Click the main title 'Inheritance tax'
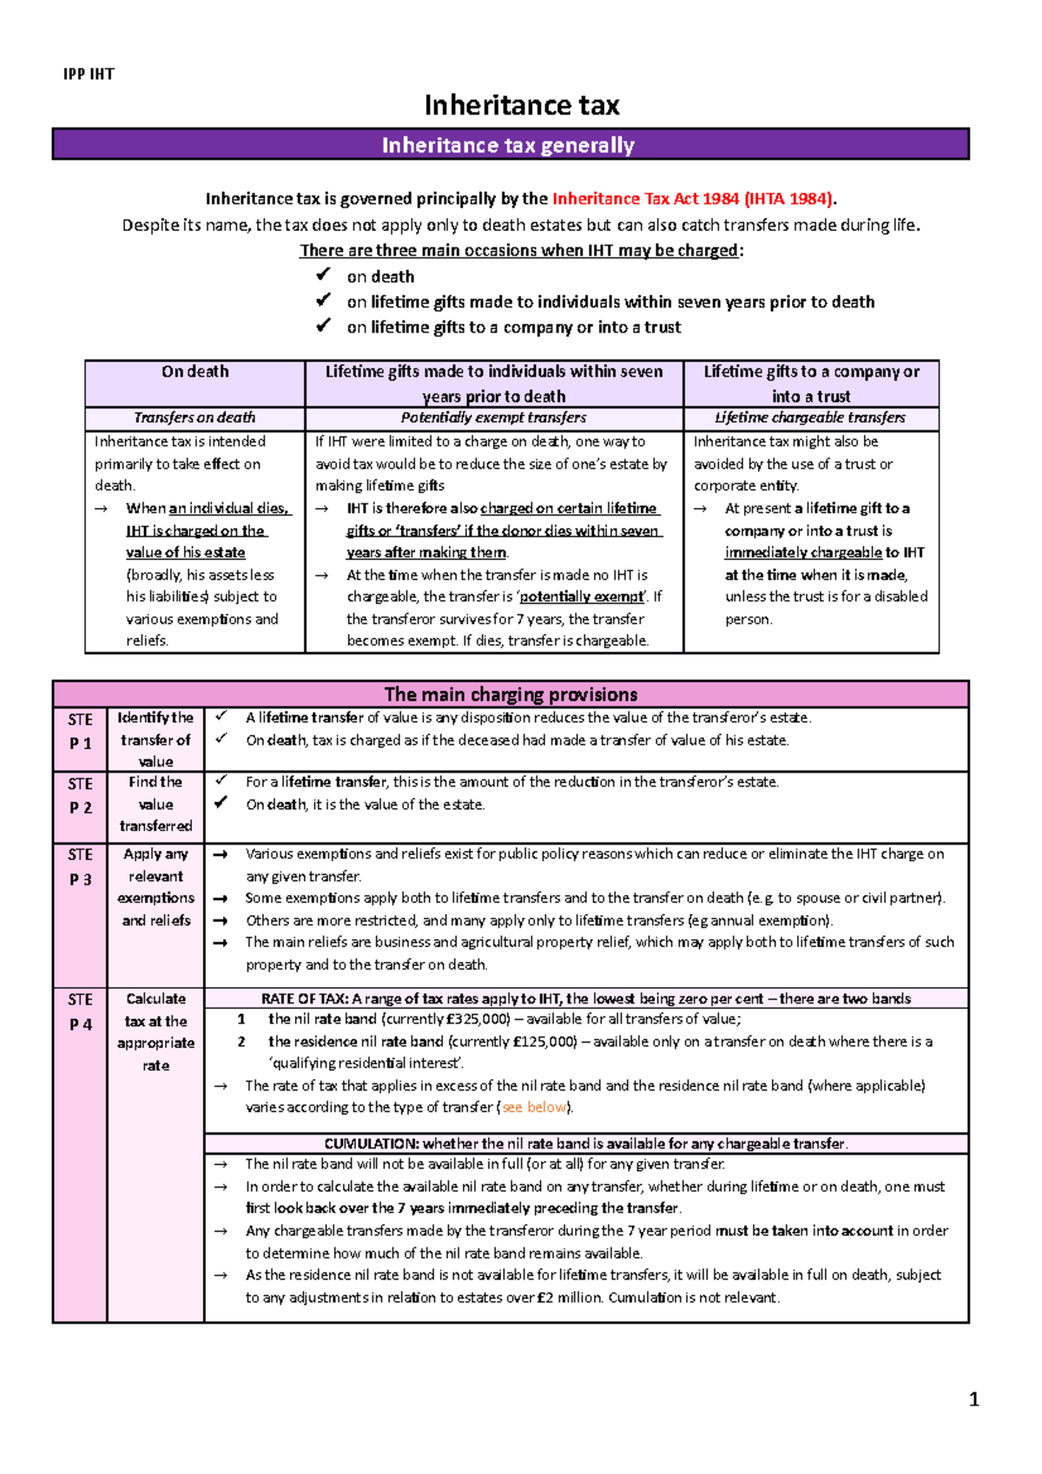[x=521, y=106]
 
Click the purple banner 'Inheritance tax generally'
[x=509, y=145]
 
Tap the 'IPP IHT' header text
[x=89, y=75]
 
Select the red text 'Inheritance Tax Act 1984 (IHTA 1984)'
[x=693, y=199]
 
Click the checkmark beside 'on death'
[x=323, y=275]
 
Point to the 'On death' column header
[x=195, y=372]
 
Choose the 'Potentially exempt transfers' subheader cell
[x=493, y=418]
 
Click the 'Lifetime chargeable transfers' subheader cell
[x=810, y=418]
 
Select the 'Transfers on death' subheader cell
[x=195, y=418]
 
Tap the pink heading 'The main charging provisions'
[x=511, y=694]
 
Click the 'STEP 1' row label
[x=80, y=731]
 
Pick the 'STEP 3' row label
[x=80, y=866]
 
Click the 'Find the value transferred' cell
[x=156, y=804]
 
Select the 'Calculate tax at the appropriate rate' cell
[x=156, y=1032]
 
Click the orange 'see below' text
[x=534, y=1108]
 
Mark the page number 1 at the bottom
[x=973, y=1399]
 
